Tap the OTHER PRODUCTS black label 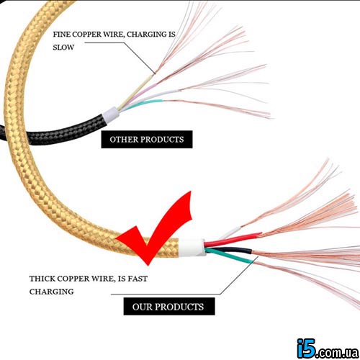tap(147, 139)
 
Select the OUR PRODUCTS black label tap(169, 306)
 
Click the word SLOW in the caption tap(63, 48)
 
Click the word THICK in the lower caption tap(42, 279)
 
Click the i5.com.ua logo tap(328, 348)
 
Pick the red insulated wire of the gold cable tap(233, 239)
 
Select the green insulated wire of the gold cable tap(229, 256)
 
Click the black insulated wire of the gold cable tap(228, 250)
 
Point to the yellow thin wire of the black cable tap(135, 91)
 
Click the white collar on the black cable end tap(111, 114)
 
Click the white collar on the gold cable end tap(192, 248)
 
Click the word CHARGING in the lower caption tap(51, 292)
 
